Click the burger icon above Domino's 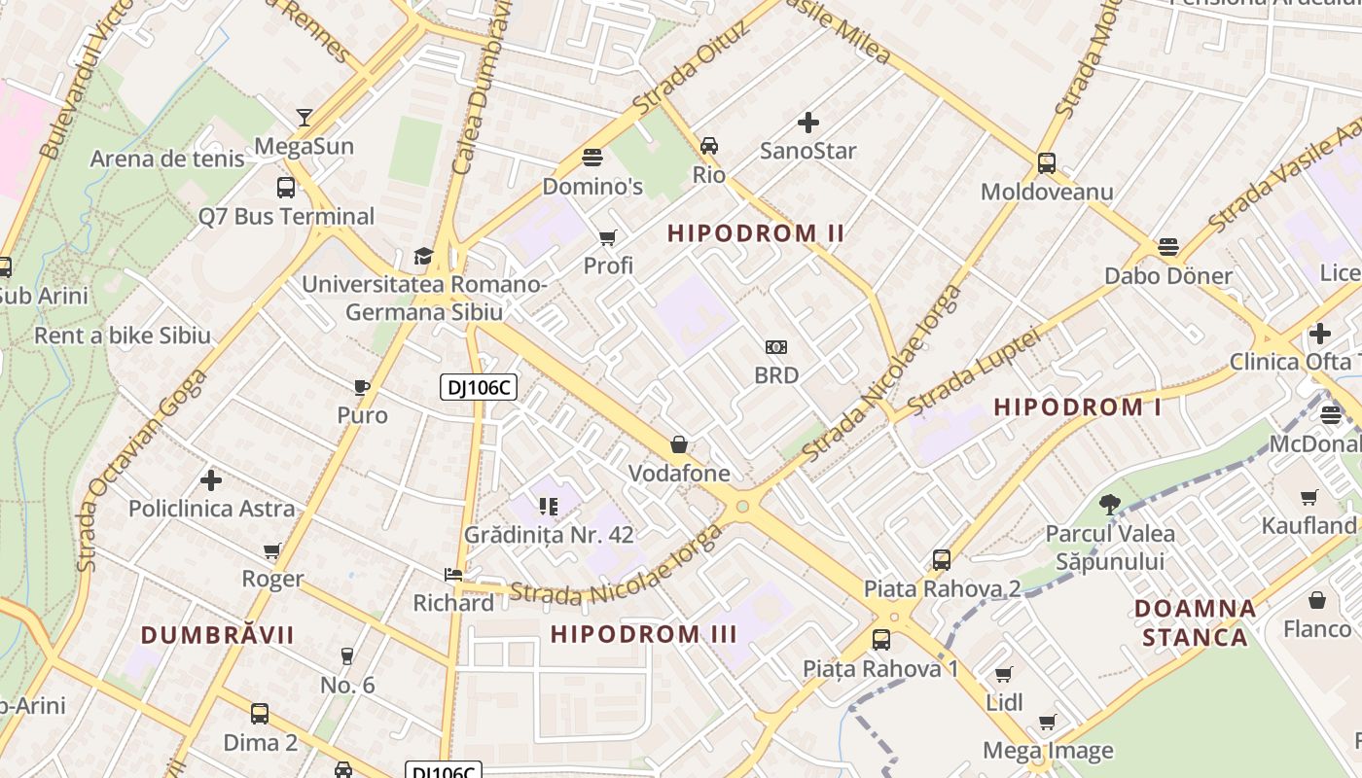tap(591, 157)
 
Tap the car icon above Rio tap(709, 146)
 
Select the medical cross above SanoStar tap(807, 123)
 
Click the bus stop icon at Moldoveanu tap(1047, 162)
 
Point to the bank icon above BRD tap(776, 347)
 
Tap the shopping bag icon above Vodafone tap(679, 444)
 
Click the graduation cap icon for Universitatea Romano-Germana tap(423, 256)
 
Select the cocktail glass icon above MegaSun tap(305, 118)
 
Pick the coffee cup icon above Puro tap(362, 387)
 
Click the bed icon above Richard tap(453, 575)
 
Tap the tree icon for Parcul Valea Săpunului tap(1109, 504)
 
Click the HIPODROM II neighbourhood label tap(756, 233)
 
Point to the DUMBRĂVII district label tap(217, 635)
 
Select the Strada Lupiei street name tap(974, 371)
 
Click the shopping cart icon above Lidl tap(1004, 674)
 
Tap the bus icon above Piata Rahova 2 tap(941, 560)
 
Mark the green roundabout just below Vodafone tap(743, 506)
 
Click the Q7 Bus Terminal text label tap(286, 216)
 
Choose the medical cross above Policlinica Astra tap(211, 480)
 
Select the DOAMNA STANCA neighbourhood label tap(1195, 623)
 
